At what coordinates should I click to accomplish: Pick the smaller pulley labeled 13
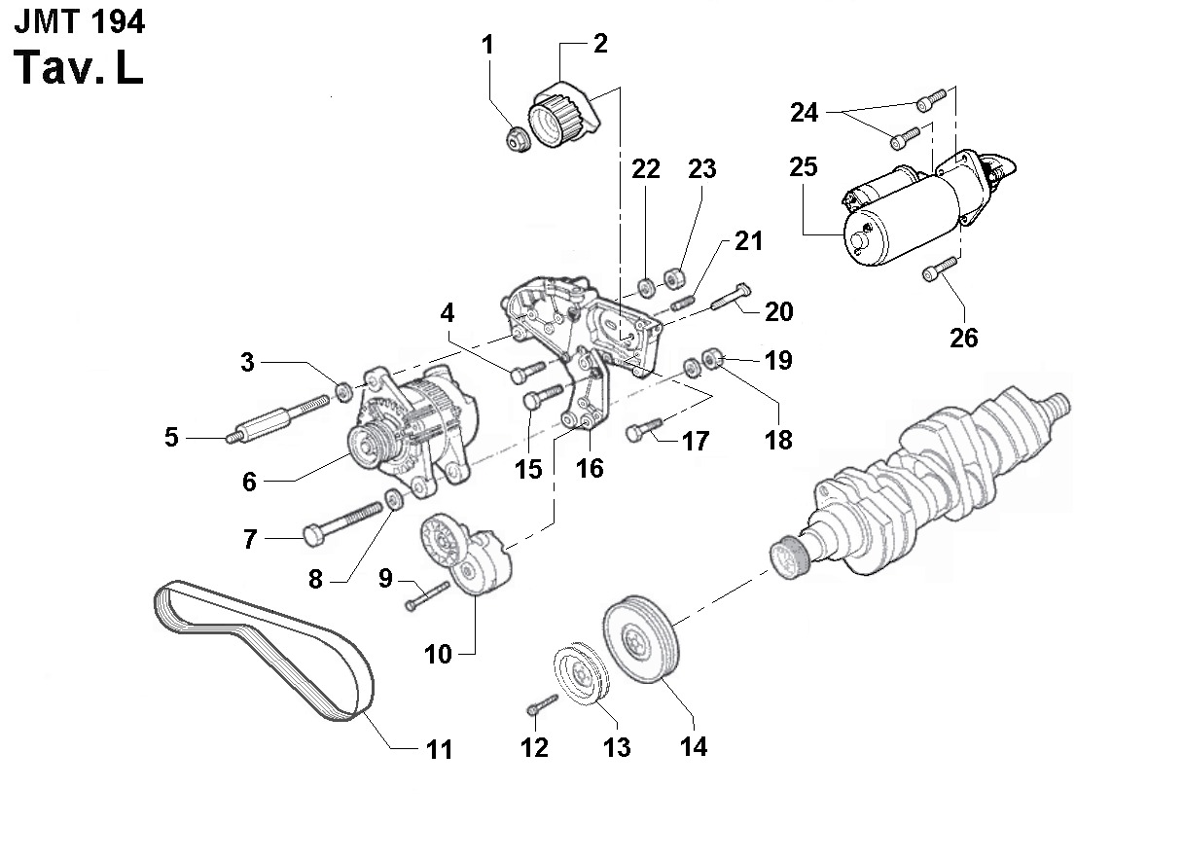(x=581, y=672)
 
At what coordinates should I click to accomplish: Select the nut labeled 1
(x=517, y=137)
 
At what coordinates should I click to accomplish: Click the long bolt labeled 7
(x=341, y=520)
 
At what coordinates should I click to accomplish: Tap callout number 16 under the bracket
(x=590, y=468)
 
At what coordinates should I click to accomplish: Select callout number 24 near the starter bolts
(x=804, y=113)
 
